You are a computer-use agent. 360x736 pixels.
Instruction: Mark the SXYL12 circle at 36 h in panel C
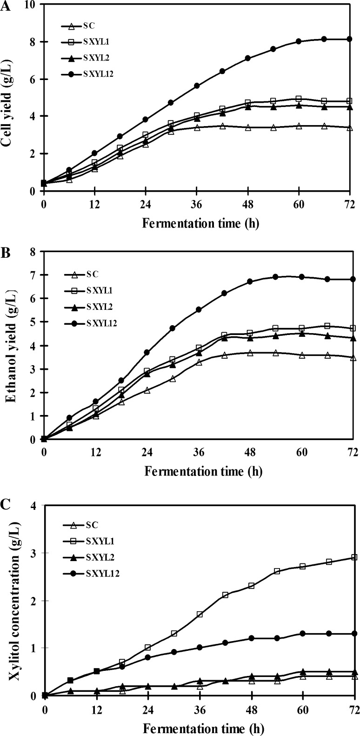point(200,647)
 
